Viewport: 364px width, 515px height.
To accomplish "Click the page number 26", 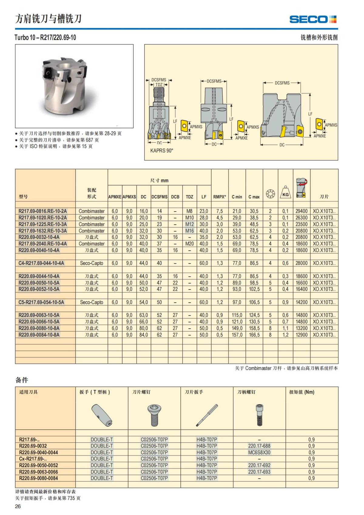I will click(x=18, y=507).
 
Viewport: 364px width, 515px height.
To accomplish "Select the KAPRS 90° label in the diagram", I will click(x=162, y=151).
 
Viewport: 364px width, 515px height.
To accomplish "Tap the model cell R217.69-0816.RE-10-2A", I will click(x=43, y=211).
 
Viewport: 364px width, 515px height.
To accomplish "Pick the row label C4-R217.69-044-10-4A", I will click(x=41, y=263).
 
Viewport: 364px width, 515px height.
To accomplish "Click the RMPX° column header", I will click(x=220, y=197).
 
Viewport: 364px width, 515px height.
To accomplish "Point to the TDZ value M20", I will click(x=190, y=244).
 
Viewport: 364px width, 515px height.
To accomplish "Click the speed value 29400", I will click(x=302, y=211).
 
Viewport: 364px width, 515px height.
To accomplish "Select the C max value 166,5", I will click(x=254, y=335).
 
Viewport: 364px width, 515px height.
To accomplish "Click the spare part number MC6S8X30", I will click(x=259, y=452).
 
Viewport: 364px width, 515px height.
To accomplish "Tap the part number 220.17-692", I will click(x=259, y=465).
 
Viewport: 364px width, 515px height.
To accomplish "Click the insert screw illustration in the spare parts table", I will click(x=154, y=415).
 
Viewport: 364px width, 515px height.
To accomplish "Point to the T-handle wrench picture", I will click(x=102, y=415).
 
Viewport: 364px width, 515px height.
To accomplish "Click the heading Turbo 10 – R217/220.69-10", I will click(x=45, y=38).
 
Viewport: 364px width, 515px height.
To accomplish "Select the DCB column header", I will click(x=175, y=197).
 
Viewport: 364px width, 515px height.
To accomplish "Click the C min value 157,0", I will click(x=237, y=335).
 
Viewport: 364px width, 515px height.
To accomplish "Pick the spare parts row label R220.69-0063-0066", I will click(x=39, y=472).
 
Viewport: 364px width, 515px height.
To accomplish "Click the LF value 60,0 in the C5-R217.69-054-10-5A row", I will click(x=204, y=302).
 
